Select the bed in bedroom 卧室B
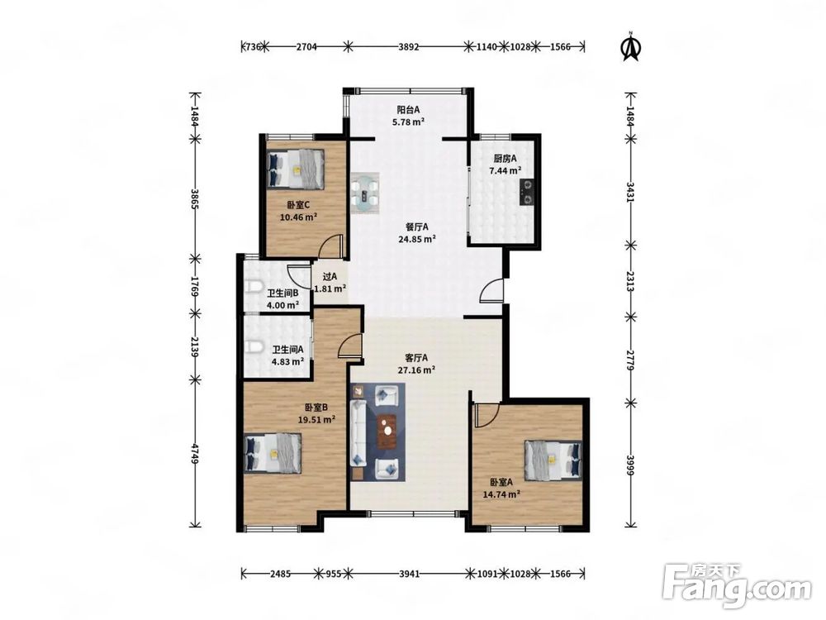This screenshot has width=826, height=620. point(273,453)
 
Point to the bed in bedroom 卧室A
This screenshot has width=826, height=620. point(553,460)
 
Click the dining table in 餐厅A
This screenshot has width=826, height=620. point(366,193)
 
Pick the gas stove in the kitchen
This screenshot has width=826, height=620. point(527,192)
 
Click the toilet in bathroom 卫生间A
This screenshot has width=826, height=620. point(254,347)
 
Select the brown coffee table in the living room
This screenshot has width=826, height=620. point(388,432)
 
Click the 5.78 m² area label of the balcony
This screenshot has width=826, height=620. point(408,122)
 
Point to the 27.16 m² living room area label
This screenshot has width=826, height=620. point(416,370)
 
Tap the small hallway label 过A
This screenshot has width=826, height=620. point(330,276)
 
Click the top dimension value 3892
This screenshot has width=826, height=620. point(408,46)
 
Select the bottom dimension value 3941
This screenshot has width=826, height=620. point(409,574)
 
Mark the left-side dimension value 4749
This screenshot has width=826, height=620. point(194,454)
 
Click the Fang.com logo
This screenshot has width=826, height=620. point(737,586)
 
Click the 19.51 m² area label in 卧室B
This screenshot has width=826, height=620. point(317,420)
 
